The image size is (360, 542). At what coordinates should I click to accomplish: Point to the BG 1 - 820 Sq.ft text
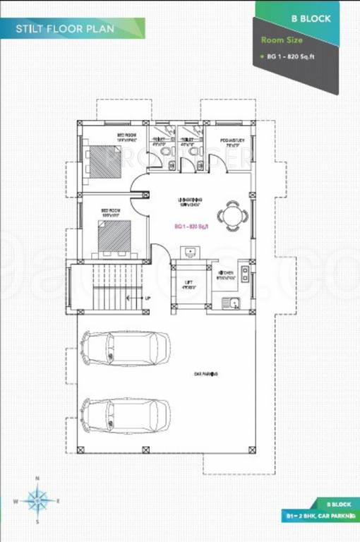(290, 55)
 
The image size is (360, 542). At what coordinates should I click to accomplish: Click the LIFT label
(188, 283)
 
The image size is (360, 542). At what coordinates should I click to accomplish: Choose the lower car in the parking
(126, 411)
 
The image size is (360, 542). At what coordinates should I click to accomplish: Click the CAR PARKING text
(206, 373)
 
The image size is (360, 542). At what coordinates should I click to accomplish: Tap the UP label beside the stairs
(148, 298)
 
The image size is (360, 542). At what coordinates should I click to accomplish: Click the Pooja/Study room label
(232, 140)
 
